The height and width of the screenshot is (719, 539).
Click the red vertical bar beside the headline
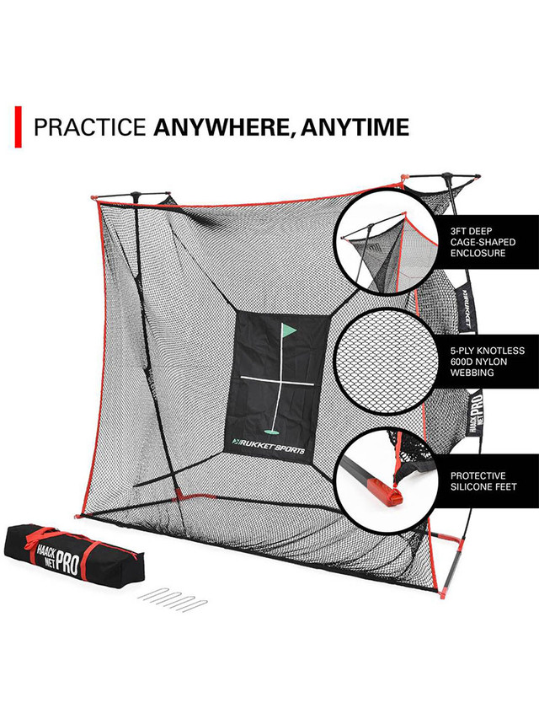(x=19, y=126)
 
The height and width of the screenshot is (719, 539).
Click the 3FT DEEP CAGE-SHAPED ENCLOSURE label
(x=487, y=241)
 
